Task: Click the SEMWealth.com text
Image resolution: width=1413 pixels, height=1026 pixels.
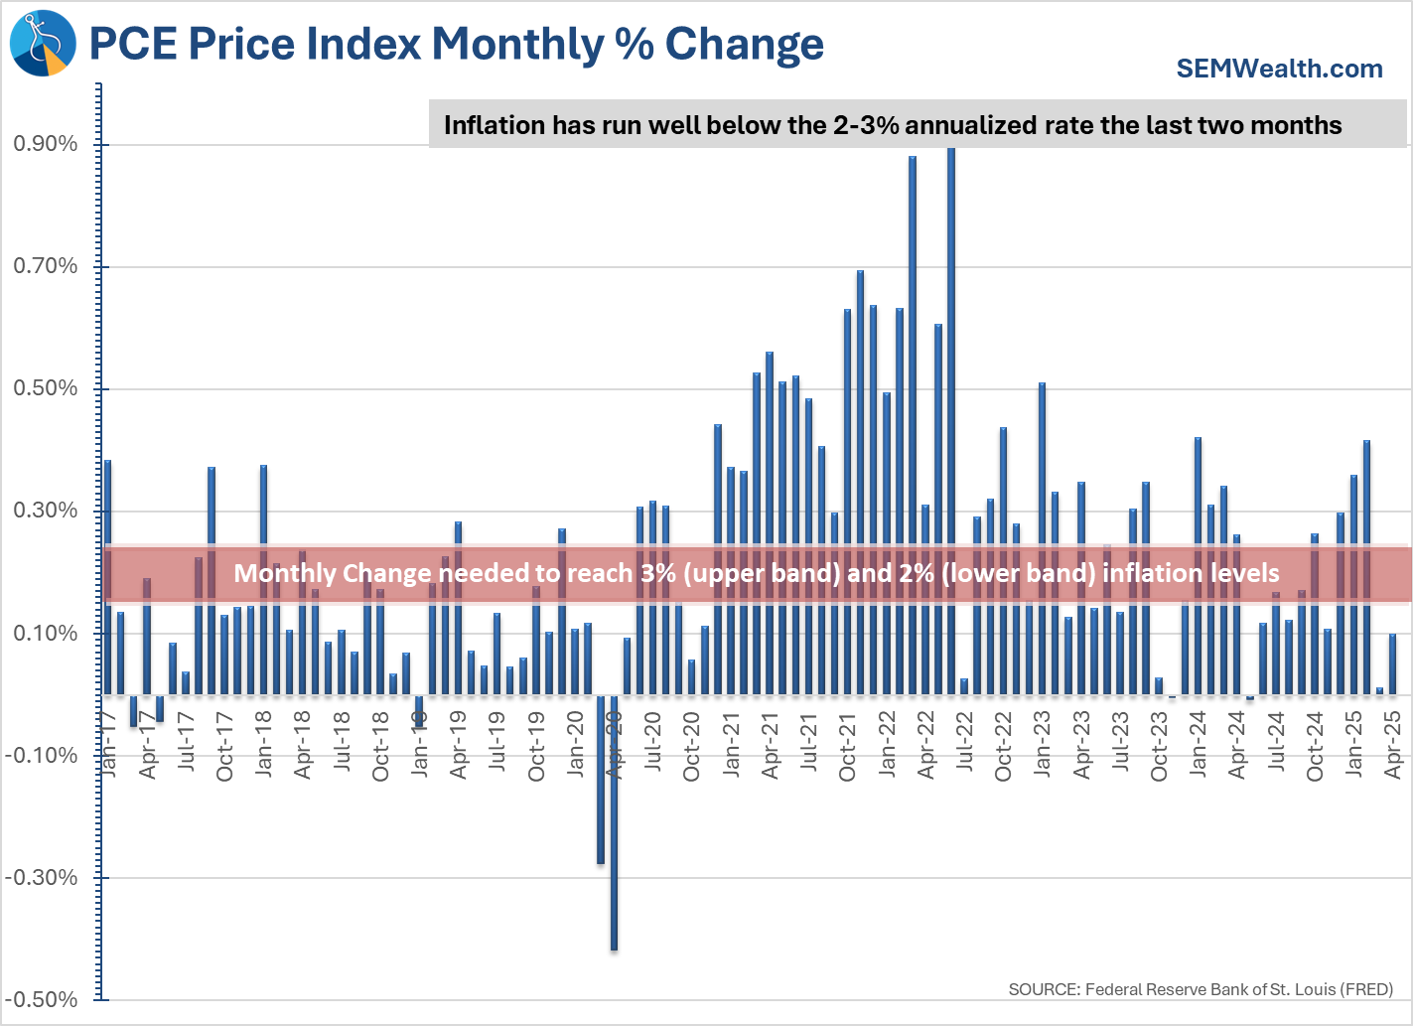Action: pos(1279,69)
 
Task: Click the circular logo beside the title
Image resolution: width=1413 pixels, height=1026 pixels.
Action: pos(43,44)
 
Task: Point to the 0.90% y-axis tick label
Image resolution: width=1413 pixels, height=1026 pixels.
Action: pos(45,144)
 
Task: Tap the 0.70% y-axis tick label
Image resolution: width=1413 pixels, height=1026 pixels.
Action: pos(45,266)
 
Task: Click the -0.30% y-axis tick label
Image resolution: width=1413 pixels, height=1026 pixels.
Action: pos(42,878)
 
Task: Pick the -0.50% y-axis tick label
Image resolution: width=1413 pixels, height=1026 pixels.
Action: pos(42,1000)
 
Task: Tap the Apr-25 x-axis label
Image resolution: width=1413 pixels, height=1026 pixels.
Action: pos(1392,746)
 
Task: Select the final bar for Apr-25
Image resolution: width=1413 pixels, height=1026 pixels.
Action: pos(1392,663)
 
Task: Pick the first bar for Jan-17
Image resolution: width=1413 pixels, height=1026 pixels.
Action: pos(107,576)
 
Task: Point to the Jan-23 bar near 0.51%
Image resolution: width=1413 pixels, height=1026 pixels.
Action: pos(1042,536)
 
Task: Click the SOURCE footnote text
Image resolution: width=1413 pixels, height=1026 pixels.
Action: pos(1201,989)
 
